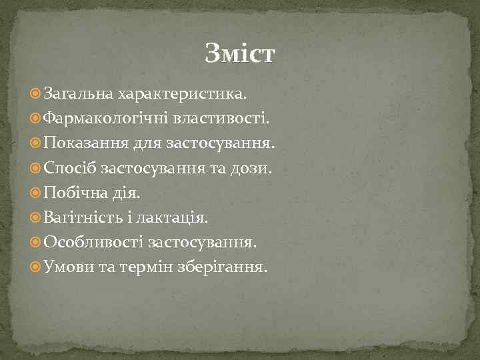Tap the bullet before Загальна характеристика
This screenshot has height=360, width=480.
[x=36, y=95]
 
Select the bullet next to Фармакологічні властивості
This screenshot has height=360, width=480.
[x=36, y=119]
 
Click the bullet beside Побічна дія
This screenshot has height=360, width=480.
[x=36, y=193]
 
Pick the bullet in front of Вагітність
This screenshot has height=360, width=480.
[x=36, y=218]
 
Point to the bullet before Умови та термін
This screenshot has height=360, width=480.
[x=36, y=267]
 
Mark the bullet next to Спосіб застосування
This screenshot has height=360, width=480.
[x=36, y=169]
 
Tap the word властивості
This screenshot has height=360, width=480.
[x=222, y=119]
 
